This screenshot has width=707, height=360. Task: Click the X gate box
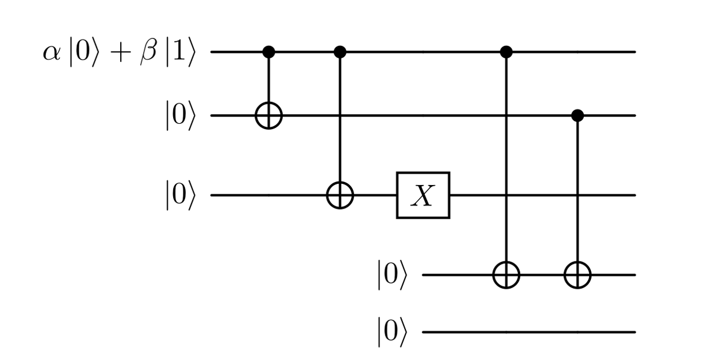[x=423, y=195]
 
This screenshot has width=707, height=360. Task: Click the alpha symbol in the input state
[x=52, y=54]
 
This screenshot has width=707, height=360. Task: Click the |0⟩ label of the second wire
[x=179, y=116]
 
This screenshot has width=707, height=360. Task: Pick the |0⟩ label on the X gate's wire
[x=179, y=195]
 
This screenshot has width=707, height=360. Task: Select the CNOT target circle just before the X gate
[x=340, y=195]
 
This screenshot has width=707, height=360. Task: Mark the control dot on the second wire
[x=577, y=116]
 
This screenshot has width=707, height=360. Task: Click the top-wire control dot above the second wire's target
[x=269, y=52]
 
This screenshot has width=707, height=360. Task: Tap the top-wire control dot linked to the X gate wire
[x=340, y=52]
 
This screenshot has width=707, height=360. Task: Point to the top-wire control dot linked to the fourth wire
[x=506, y=52]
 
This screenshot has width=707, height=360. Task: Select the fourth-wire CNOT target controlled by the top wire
[x=506, y=275]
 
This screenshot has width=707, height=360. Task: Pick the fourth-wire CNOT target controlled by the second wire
[x=577, y=275]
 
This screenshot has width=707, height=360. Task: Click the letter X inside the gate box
[x=423, y=196]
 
